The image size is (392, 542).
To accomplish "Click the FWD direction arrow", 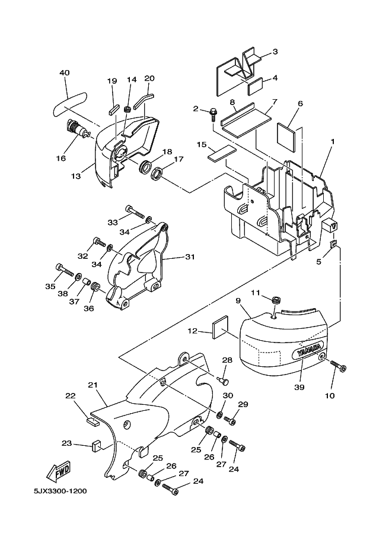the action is click(59, 472).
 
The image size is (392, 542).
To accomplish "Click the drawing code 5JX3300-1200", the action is click(60, 491).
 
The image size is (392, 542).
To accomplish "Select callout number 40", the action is click(65, 72).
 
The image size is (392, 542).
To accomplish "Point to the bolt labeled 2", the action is click(213, 114).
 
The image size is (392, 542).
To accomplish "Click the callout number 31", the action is click(190, 257).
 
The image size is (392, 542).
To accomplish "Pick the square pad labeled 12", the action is click(220, 327).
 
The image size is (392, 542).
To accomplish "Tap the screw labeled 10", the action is click(339, 366).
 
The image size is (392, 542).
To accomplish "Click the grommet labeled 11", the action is click(275, 300).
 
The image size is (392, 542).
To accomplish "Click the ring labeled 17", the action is click(158, 173).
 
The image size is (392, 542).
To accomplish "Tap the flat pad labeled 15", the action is click(221, 153).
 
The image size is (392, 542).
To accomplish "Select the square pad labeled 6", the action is click(286, 138).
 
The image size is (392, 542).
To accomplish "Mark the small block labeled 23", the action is click(96, 446).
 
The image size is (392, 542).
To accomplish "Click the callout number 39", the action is click(299, 387).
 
